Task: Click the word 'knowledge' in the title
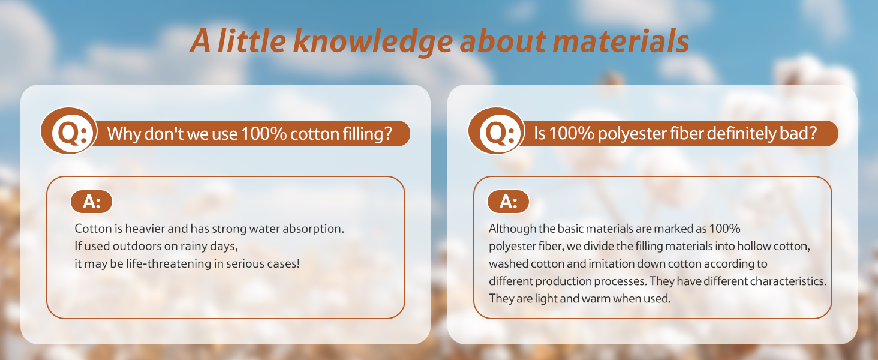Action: (373, 42)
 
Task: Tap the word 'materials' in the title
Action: (621, 41)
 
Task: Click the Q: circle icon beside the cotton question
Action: (69, 131)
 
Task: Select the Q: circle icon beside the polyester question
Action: (497, 131)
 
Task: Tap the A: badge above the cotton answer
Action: (91, 202)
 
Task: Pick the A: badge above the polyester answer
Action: (508, 202)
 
